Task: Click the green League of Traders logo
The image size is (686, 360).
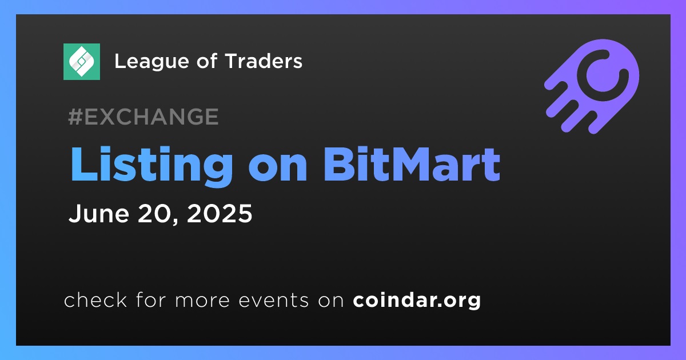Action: [x=81, y=62]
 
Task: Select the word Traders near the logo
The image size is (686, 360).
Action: [x=264, y=61]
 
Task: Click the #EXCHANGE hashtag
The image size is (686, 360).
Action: [x=143, y=117]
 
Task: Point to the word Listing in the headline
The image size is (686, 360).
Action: [x=151, y=166]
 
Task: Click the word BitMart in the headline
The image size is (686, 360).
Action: [x=412, y=165]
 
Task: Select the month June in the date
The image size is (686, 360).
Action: [x=99, y=213]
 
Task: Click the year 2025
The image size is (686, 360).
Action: [x=220, y=213]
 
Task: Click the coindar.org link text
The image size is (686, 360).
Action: [x=417, y=301]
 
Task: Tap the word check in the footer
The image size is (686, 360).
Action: [x=95, y=299]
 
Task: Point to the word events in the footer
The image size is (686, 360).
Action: [x=273, y=301]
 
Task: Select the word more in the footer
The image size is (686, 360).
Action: [x=202, y=301]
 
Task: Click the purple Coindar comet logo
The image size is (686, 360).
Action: [x=592, y=86]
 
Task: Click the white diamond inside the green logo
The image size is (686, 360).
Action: [x=81, y=62]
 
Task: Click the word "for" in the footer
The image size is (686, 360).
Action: [x=151, y=299]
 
